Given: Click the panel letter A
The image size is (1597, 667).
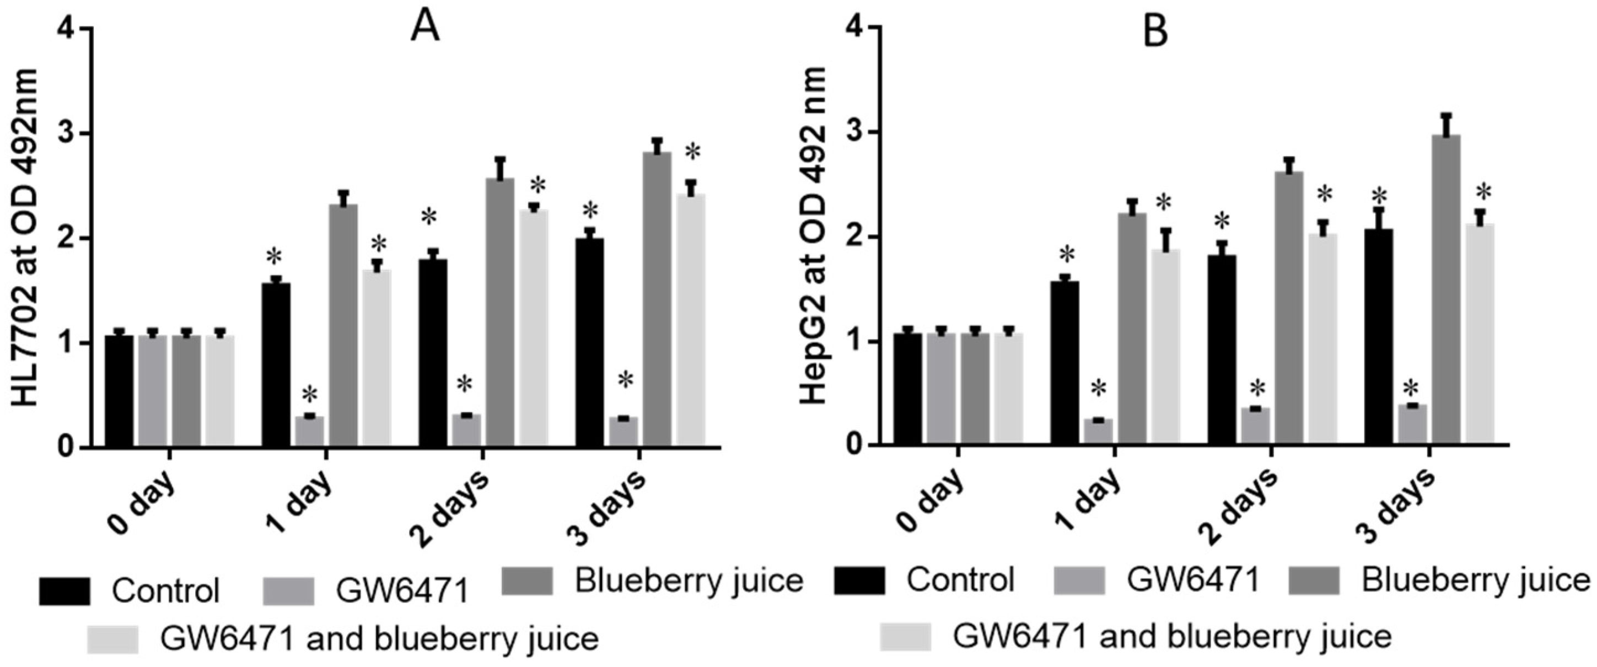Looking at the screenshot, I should (425, 29).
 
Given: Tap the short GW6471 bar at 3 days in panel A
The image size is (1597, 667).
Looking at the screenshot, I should (623, 432).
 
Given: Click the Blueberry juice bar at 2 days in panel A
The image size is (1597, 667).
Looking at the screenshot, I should (499, 312).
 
